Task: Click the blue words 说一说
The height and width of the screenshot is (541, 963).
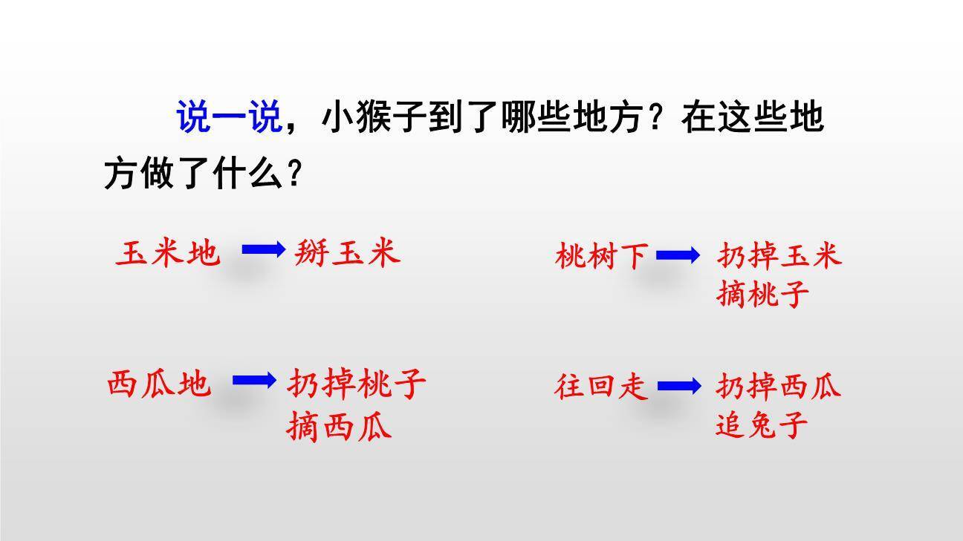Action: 228,117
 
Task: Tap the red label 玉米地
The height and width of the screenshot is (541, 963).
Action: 168,254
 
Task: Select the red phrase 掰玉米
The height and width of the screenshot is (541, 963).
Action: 347,252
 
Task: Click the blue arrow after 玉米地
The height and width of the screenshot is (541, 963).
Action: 264,250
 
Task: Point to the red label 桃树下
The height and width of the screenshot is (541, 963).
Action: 601,257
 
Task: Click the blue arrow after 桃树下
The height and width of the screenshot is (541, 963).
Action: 678,256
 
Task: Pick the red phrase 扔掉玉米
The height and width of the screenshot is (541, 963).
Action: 779,255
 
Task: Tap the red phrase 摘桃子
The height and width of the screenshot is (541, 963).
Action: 763,295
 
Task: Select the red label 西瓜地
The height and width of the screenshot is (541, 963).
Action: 159,384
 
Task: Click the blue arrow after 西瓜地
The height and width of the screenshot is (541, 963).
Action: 254,381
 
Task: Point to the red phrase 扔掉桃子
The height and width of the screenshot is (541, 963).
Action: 357,384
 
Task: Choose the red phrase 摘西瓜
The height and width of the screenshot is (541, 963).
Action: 339,428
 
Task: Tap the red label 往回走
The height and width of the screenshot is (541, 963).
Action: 601,387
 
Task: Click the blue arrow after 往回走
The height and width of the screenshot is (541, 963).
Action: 678,386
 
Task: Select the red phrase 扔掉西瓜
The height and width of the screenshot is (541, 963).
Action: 778,386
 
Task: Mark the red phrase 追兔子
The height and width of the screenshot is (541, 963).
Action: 762,426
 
